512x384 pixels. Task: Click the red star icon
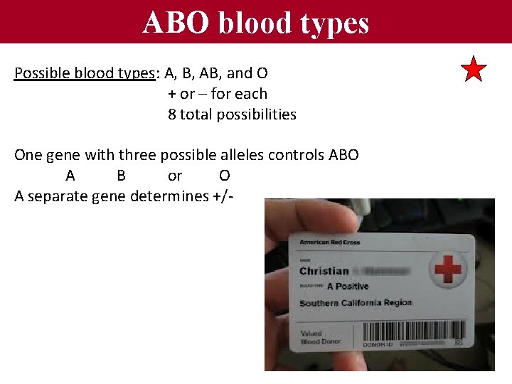(x=474, y=70)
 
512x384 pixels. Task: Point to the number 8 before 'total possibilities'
(x=172, y=114)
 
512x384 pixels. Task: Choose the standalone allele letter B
(x=121, y=176)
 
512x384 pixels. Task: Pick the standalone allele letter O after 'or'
(x=224, y=176)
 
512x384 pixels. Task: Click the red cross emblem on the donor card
(x=448, y=271)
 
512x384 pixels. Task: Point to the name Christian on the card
(x=324, y=271)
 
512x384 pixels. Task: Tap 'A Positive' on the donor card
(x=347, y=287)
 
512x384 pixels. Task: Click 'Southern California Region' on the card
(x=355, y=303)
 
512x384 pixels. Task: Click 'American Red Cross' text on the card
(x=329, y=242)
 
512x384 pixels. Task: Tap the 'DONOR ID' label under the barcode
(x=378, y=344)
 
